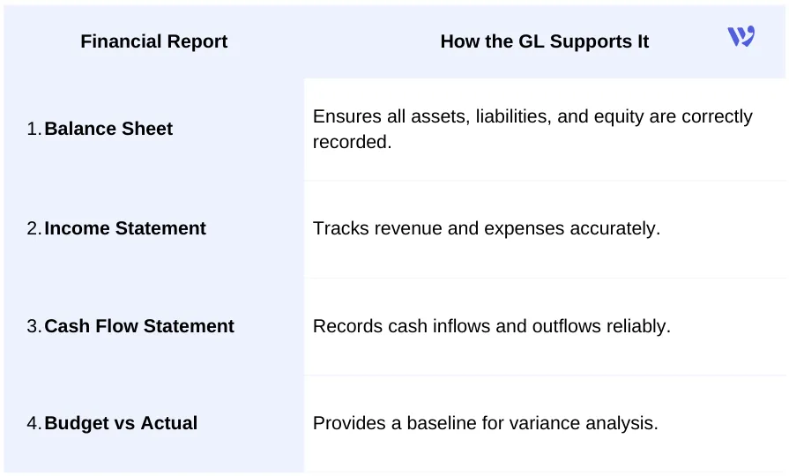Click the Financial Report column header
tap(153, 41)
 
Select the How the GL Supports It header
tap(544, 41)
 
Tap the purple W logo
tap(741, 36)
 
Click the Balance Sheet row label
tap(108, 129)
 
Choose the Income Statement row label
tap(125, 228)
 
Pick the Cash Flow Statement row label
tap(139, 326)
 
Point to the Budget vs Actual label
tap(121, 423)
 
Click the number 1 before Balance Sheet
tap(33, 129)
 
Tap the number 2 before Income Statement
tap(33, 228)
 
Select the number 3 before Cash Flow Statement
tap(33, 326)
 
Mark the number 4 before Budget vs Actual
tap(33, 423)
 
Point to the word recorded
tap(352, 141)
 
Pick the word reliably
tap(636, 326)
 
